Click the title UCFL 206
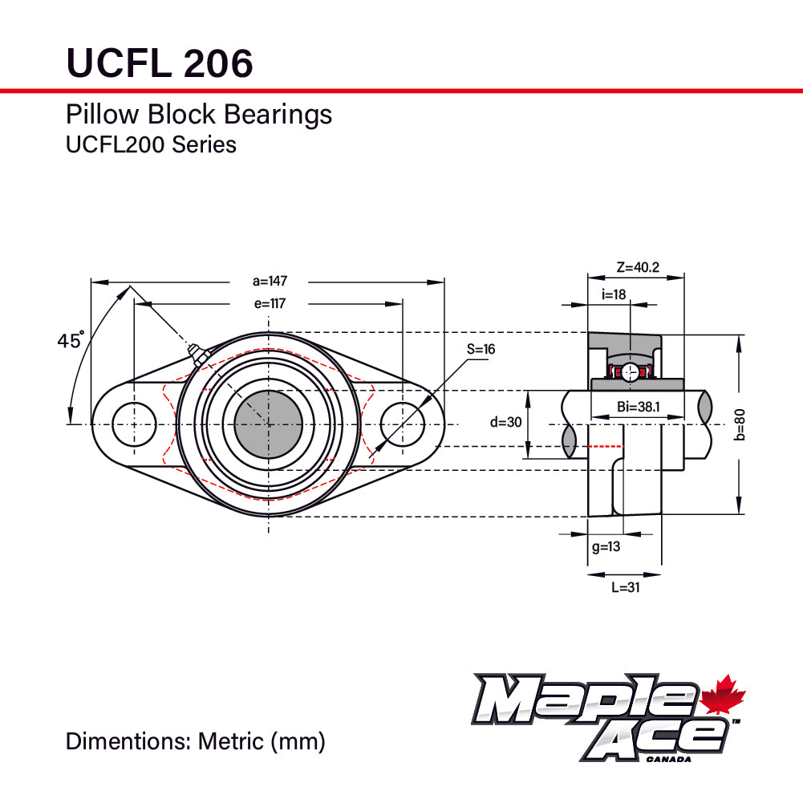point(159,63)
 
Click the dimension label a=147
point(270,281)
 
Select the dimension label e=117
point(270,303)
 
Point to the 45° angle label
point(71,341)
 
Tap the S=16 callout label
point(481,350)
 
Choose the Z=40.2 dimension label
point(638,267)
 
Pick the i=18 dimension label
point(614,294)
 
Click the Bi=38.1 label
point(639,407)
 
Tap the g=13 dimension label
point(606,547)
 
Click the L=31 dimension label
point(625,587)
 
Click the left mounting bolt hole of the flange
point(134,424)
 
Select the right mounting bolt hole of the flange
point(402,424)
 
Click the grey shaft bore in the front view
point(268,424)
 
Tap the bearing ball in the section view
point(631,371)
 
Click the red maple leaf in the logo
point(724,696)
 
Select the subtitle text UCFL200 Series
point(151,144)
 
